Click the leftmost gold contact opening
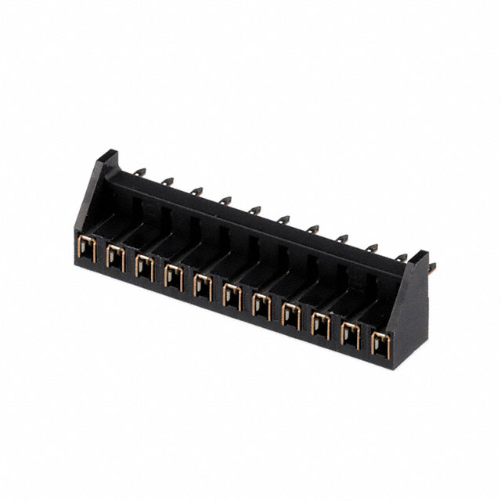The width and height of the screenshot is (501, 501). (88, 250)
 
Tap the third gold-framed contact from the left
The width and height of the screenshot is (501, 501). (143, 265)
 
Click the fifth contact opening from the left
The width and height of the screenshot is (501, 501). (202, 286)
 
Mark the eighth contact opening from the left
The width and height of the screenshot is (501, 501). (290, 315)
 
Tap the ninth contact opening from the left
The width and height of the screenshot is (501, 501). (320, 324)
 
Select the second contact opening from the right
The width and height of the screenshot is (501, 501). (351, 334)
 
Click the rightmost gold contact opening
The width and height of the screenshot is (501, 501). (380, 343)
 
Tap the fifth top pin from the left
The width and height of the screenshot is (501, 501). (254, 211)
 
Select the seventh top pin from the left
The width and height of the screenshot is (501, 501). (312, 229)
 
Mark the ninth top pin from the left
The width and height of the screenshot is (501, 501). (370, 248)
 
